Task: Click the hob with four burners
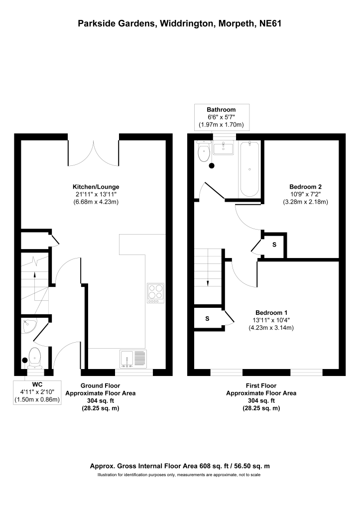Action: click(155, 293)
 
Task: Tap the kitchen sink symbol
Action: click(133, 359)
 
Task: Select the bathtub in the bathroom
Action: click(248, 169)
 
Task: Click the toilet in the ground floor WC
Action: click(35, 357)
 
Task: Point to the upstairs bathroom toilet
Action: click(203, 152)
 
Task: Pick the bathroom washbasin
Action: click(222, 148)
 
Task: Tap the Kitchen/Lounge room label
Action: click(96, 187)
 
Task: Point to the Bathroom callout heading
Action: click(222, 110)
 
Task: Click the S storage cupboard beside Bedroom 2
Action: click(274, 245)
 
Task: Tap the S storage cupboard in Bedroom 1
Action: click(207, 318)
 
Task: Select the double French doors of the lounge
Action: click(93, 154)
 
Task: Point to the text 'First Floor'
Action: click(261, 385)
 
